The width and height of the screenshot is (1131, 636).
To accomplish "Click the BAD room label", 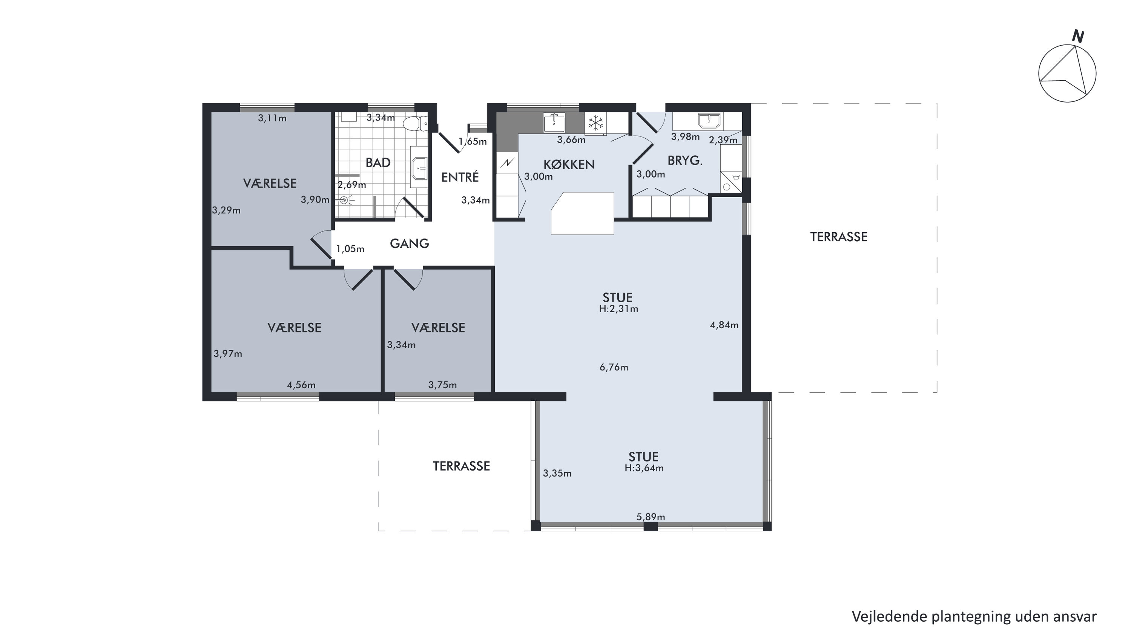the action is click(378, 163).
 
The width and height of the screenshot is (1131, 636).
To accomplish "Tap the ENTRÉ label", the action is click(460, 177).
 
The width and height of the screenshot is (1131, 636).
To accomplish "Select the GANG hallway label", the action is click(409, 243).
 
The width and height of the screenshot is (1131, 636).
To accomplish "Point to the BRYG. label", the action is click(685, 161).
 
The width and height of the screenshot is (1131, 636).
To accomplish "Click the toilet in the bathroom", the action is click(415, 123).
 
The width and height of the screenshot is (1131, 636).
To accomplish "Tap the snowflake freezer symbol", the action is click(595, 123).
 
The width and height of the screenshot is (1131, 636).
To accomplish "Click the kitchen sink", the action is click(554, 122).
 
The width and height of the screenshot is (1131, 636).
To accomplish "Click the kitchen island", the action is click(583, 213).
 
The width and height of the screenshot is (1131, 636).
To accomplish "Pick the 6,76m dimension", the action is click(614, 367).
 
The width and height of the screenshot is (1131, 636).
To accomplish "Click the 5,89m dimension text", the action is click(651, 517).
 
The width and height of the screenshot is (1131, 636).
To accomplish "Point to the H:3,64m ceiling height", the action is click(644, 468).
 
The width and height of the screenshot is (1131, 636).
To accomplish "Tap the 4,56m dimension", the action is click(301, 385).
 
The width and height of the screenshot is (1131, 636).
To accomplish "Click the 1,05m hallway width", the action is click(350, 249).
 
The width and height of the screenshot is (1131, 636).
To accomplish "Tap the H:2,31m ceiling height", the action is click(618, 308).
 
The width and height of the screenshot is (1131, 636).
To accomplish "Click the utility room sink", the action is click(709, 120).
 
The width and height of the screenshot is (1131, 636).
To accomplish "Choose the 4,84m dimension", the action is click(724, 325).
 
